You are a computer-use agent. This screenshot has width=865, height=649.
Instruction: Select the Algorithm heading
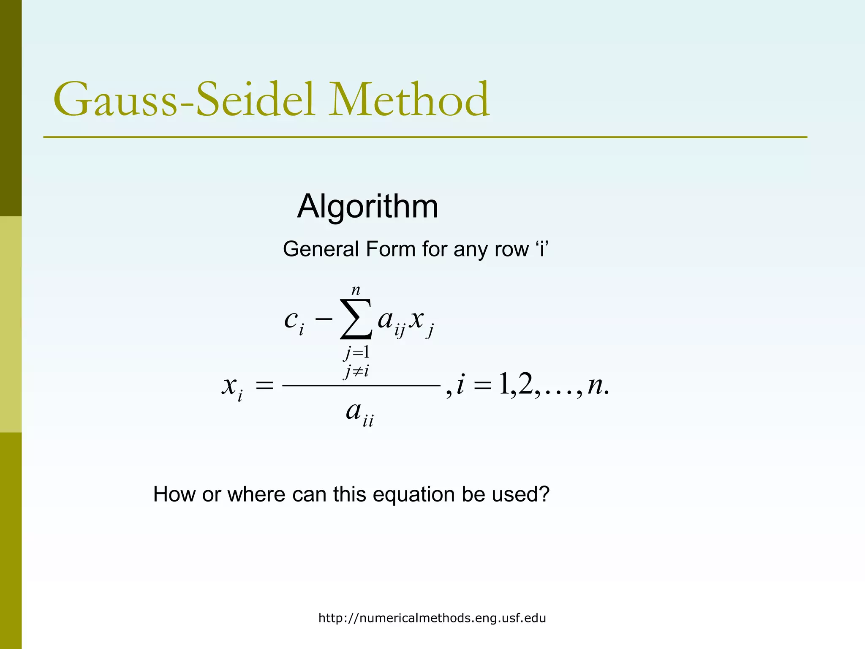[x=367, y=207]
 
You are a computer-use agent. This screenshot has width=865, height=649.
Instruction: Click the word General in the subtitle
[x=321, y=249]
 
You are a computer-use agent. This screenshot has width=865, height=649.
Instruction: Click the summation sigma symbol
[x=356, y=319]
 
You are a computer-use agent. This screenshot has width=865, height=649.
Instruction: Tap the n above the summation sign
[x=356, y=290]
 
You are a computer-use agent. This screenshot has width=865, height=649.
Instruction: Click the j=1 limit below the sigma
[x=357, y=352]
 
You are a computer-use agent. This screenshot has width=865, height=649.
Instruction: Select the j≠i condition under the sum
[x=357, y=372]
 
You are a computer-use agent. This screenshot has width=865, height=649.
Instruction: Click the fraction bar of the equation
[x=361, y=385]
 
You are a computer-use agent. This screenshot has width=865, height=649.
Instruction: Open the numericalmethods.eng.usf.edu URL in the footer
[x=432, y=618]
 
